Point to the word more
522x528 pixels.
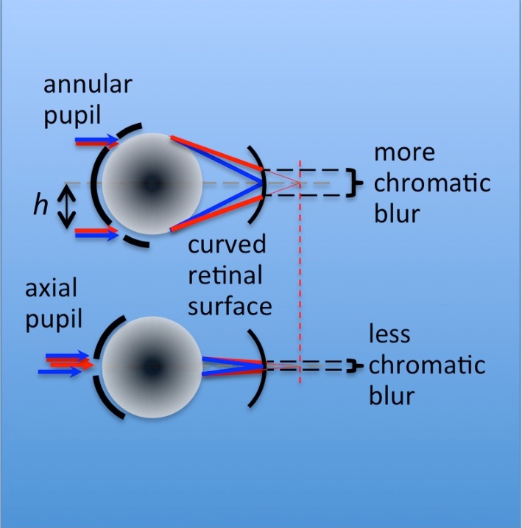[x=404, y=153]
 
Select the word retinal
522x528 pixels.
[x=226, y=275]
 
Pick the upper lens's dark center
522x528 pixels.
[x=152, y=182]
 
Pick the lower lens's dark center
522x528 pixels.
[x=152, y=364]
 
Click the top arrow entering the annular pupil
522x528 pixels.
[x=96, y=138]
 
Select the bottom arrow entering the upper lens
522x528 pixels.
[x=96, y=235]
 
